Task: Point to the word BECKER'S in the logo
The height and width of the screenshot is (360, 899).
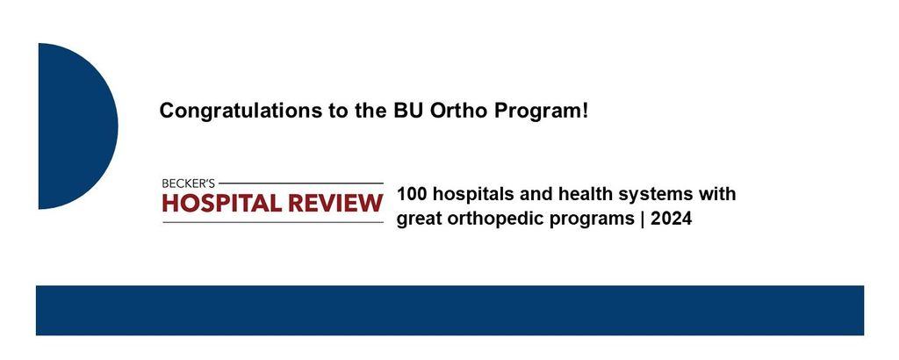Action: click(x=189, y=184)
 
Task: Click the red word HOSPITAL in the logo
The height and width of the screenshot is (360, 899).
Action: click(x=222, y=203)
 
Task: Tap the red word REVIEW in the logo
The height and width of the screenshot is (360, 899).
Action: click(x=335, y=203)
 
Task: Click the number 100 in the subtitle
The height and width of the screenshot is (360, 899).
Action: click(x=412, y=194)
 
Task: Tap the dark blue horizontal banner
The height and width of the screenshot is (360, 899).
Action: click(x=449, y=310)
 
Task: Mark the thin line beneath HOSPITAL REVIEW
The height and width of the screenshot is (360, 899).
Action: click(x=273, y=222)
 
